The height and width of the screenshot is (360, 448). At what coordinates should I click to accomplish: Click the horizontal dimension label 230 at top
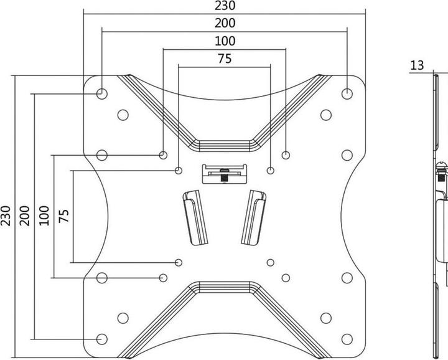225,6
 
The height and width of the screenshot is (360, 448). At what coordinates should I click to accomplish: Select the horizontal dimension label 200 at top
225,23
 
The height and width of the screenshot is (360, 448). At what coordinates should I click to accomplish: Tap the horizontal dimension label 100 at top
225,41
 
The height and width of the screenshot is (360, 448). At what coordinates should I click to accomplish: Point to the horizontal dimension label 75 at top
225,59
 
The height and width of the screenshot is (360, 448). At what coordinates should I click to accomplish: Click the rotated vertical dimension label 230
6,216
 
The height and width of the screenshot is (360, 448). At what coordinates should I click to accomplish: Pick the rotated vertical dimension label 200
24,216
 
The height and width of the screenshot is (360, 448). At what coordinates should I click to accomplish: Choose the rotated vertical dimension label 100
44,216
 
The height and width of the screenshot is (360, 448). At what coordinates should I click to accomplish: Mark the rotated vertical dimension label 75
63,216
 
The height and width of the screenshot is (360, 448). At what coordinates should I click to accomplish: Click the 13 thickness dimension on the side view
417,65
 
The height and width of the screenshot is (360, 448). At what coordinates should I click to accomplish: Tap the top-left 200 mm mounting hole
101,93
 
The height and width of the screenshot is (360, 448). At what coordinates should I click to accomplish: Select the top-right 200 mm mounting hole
347,93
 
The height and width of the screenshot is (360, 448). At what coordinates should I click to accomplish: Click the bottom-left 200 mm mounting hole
101,339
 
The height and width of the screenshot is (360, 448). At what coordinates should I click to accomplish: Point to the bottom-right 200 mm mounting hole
347,339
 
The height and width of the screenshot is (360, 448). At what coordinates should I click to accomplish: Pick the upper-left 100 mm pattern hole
163,155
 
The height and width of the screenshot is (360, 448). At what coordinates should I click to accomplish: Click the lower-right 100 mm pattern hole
286,278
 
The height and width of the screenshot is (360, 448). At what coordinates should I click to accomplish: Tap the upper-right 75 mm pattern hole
270,171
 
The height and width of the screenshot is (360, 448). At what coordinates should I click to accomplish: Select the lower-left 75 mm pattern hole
179,262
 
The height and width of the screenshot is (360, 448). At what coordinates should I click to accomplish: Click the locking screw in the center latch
224,175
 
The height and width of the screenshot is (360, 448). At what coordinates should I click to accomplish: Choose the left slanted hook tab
195,217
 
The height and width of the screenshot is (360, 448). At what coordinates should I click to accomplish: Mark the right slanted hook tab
254,217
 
